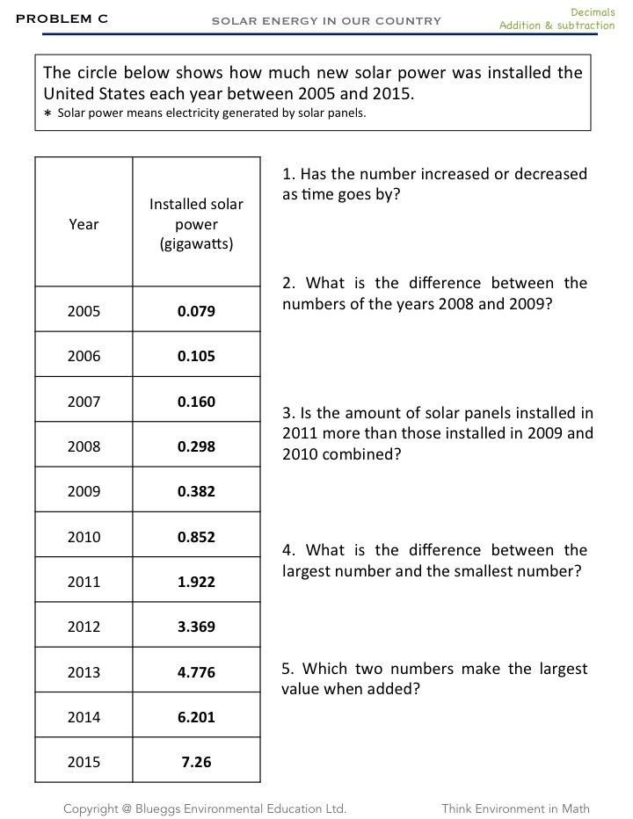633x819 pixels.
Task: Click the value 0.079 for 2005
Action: pyautogui.click(x=196, y=311)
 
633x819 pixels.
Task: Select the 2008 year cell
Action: pyautogui.click(x=84, y=446)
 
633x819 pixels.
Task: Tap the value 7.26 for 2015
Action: pyautogui.click(x=196, y=762)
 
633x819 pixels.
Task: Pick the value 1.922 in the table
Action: pyautogui.click(x=196, y=582)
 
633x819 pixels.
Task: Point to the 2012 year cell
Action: pyautogui.click(x=84, y=627)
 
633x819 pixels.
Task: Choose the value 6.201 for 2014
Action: pyautogui.click(x=196, y=717)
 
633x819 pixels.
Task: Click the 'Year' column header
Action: pyautogui.click(x=84, y=224)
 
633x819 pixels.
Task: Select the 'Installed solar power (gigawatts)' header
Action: pyautogui.click(x=196, y=224)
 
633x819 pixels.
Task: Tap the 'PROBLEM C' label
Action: pyautogui.click(x=62, y=18)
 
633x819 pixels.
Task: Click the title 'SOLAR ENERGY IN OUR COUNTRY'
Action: pyautogui.click(x=326, y=20)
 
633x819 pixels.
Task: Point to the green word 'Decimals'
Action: pyautogui.click(x=593, y=11)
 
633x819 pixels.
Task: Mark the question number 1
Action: pyautogui.click(x=287, y=174)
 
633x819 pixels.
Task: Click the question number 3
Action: pyautogui.click(x=287, y=413)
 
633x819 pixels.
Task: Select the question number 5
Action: pyautogui.click(x=287, y=669)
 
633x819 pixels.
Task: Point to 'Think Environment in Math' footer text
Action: pyautogui.click(x=515, y=808)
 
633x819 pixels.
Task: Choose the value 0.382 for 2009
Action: pyautogui.click(x=196, y=491)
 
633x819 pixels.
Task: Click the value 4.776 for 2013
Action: pyautogui.click(x=196, y=672)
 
